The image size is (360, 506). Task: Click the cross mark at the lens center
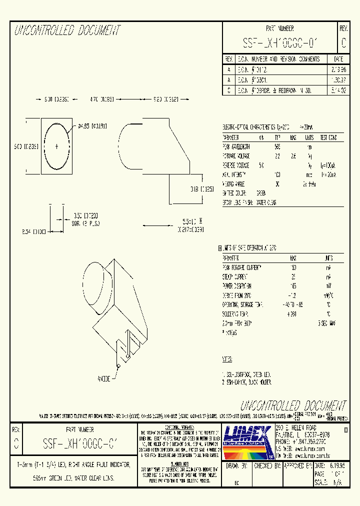56,146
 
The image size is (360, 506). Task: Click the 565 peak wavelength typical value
277,146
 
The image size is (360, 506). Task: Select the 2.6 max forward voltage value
293,155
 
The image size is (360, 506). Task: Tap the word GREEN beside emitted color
260,192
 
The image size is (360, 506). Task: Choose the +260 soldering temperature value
292,314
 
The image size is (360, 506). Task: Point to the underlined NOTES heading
227,359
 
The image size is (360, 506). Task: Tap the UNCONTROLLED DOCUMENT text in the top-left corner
67,30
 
